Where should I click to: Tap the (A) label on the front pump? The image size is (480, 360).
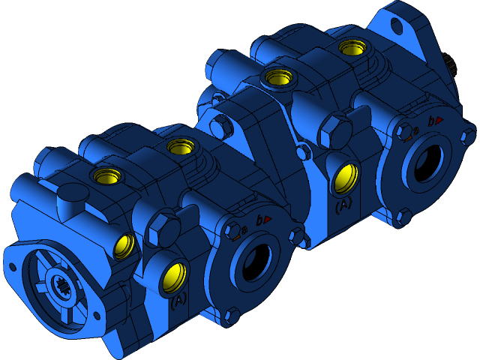pos(178,301)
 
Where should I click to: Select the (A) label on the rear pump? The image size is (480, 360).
pos(343,204)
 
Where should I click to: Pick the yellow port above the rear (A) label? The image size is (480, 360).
pos(344,178)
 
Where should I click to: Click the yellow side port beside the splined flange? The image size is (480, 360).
pos(124,245)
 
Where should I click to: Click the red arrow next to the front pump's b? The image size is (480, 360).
pos(267,219)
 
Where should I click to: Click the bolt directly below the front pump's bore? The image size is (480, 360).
pos(232,315)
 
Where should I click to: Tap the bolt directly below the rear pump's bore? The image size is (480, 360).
pos(403,217)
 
